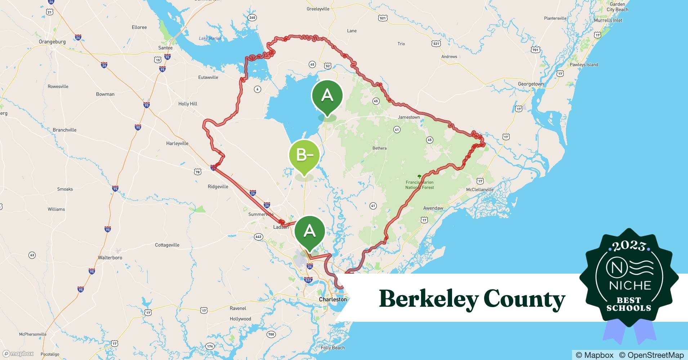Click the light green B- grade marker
pyautogui.click(x=304, y=155)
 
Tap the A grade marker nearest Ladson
pyautogui.click(x=310, y=231)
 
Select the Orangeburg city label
pyautogui.click(x=52, y=42)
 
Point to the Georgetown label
pyautogui.click(x=531, y=84)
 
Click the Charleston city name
pyautogui.click(x=333, y=300)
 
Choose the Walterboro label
pyautogui.click(x=110, y=258)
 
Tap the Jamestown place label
pyautogui.click(x=408, y=117)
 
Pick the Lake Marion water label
pyautogui.click(x=210, y=39)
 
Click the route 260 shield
pyautogui.click(x=252, y=18)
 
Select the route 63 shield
pyautogui.click(x=32, y=255)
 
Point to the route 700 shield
pyautogui.click(x=271, y=334)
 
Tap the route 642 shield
pyautogui.click(x=258, y=237)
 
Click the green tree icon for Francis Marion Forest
pyautogui.click(x=419, y=176)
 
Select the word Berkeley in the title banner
pyautogui.click(x=429, y=299)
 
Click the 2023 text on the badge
pyautogui.click(x=629, y=246)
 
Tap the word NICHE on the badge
pyautogui.click(x=630, y=285)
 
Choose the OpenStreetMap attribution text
pyautogui.click(x=651, y=355)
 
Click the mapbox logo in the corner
pyautogui.click(x=18, y=354)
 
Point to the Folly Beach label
pyautogui.click(x=332, y=348)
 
